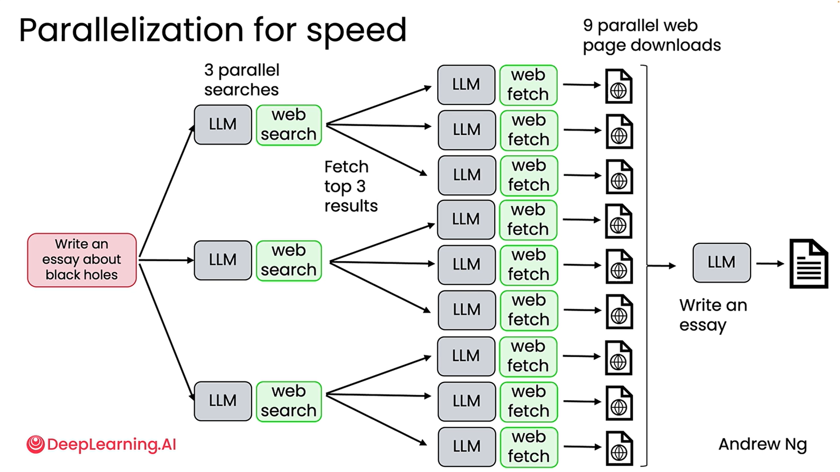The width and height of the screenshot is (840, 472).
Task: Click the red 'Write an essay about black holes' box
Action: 82,260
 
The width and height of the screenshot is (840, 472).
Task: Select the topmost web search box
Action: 288,125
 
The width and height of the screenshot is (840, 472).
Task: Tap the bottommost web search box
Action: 288,401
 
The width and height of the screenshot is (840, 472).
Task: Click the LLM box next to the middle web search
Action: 223,260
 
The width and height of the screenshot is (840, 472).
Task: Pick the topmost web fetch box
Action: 528,85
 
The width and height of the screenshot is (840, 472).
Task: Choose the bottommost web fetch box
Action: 528,447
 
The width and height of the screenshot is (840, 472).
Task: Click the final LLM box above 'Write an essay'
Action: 721,262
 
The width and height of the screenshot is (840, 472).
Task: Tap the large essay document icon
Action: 808,263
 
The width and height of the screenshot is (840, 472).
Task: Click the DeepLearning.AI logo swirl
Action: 35,444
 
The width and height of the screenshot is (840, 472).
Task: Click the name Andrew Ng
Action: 763,444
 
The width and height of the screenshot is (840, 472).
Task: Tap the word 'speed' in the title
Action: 356,31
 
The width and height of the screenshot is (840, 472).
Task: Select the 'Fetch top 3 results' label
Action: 350,186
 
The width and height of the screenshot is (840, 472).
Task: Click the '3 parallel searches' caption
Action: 242,80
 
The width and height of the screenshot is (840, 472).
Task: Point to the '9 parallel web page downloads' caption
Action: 651,35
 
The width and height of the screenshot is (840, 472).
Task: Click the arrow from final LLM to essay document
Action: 770,263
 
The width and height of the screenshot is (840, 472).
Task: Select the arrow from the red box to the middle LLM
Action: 166,260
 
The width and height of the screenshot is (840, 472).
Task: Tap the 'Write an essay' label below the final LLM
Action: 713,315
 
